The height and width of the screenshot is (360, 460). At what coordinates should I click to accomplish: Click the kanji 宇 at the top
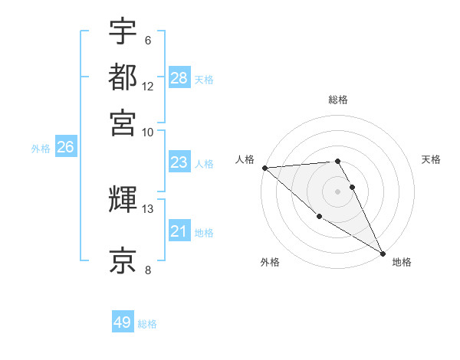pos(123,32)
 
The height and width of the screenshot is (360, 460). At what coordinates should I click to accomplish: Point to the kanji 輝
pos(123,201)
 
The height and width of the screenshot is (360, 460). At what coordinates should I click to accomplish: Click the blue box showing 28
pos(179,78)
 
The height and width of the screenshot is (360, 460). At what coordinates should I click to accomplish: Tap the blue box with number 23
pos(179,162)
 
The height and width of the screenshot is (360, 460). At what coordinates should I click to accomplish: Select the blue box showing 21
pos(179,231)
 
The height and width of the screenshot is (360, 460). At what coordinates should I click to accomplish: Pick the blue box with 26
pos(64,148)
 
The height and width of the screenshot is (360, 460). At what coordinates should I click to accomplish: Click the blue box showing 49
pos(123,322)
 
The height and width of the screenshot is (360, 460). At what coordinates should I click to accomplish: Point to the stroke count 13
pos(148,208)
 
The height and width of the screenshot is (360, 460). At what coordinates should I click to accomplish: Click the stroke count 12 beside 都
pos(148,87)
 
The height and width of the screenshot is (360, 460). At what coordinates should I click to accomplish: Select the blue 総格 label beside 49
pos(147,324)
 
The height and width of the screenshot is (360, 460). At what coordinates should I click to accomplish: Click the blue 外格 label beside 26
pos(41,149)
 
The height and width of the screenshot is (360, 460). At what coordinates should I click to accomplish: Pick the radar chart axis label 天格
pos(432,159)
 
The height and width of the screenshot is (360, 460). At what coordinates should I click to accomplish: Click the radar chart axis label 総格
pos(338,100)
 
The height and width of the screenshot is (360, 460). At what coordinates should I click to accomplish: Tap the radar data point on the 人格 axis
pos(264,168)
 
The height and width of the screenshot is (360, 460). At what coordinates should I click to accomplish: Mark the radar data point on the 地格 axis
pos(383,254)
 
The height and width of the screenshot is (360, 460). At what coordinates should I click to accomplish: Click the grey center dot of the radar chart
pos(337,191)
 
